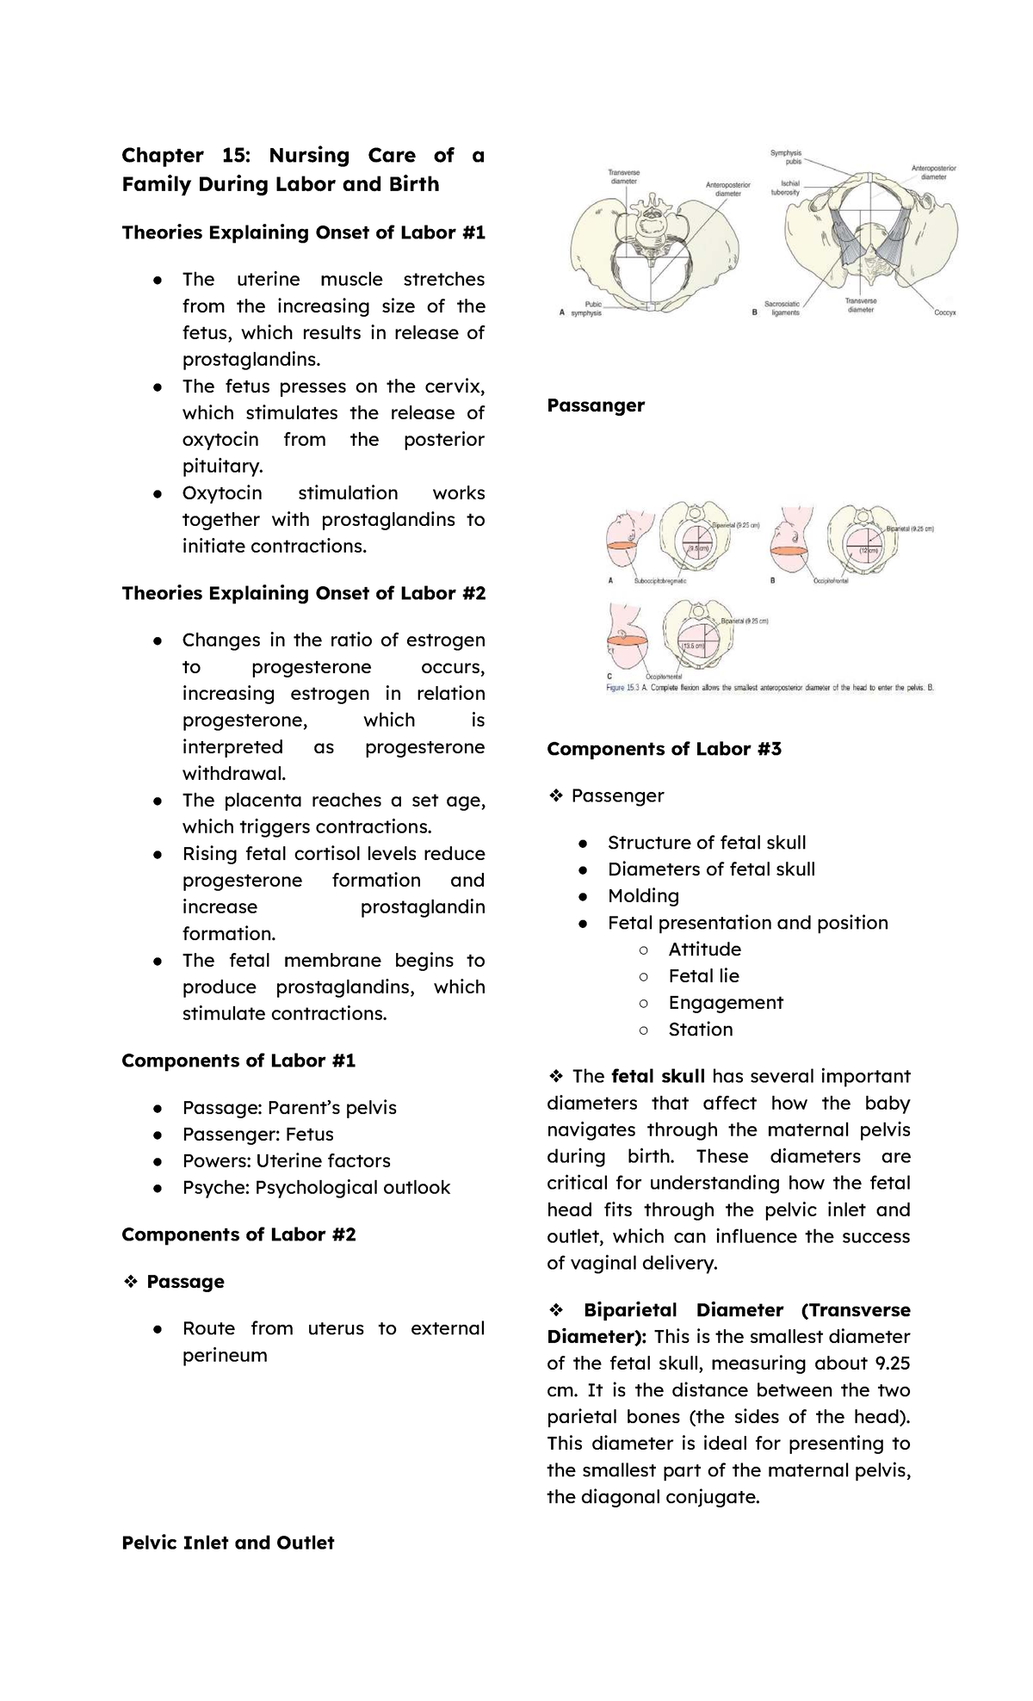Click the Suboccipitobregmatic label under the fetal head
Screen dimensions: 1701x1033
(x=660, y=581)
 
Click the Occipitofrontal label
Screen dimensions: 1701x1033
(x=832, y=581)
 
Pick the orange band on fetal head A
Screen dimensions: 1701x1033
(x=621, y=546)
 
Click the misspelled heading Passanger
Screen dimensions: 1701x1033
(x=596, y=405)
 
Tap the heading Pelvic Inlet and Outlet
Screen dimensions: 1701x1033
(x=227, y=1543)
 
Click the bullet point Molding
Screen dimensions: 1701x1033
(x=643, y=896)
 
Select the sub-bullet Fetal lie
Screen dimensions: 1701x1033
(x=703, y=976)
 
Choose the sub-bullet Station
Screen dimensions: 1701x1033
(x=700, y=1030)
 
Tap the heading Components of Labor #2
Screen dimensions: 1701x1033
(x=238, y=1234)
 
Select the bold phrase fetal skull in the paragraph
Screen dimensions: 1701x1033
(x=658, y=1076)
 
